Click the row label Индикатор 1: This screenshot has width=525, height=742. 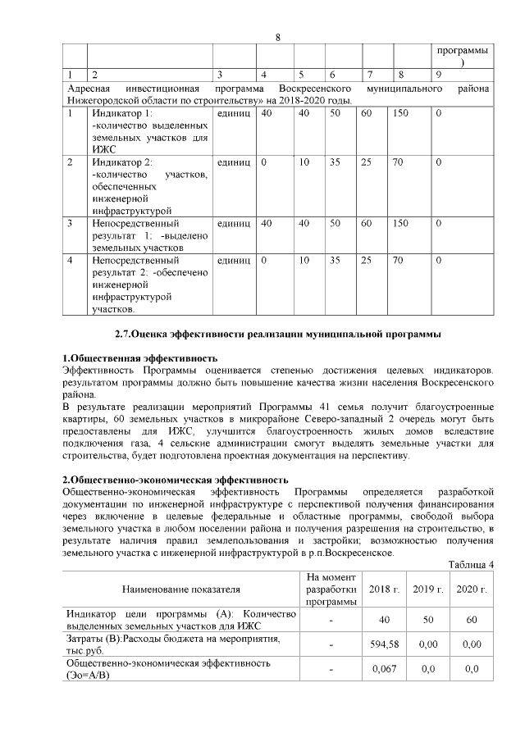[x=122, y=112]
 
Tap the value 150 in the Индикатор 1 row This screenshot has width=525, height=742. [x=401, y=112]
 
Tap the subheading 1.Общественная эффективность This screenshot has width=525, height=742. [x=140, y=358]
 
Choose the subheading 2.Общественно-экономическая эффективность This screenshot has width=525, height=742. [x=176, y=479]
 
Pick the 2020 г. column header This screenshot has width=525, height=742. [x=471, y=590]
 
